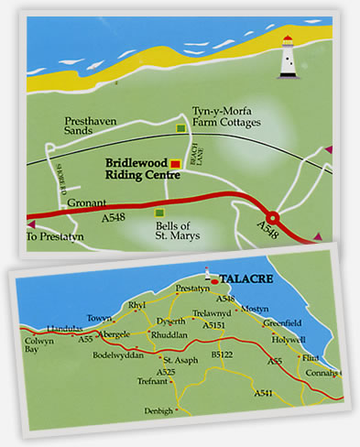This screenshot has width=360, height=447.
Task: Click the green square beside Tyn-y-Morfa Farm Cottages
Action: pyautogui.click(x=180, y=127)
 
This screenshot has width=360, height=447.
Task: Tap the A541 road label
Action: pyautogui.click(x=263, y=392)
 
